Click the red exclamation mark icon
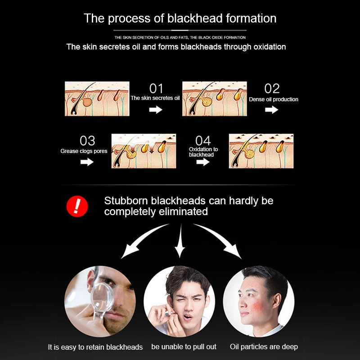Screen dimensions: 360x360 [x=77, y=206]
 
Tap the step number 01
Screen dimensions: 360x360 [x=156, y=89]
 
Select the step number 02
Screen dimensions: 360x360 [x=272, y=89]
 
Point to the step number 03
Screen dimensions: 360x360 [x=87, y=141]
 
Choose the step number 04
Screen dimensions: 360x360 [x=203, y=140]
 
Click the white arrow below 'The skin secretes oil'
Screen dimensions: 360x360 [x=156, y=109]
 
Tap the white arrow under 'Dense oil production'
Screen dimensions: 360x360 [x=272, y=109]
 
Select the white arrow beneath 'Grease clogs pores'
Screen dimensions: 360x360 [x=87, y=162]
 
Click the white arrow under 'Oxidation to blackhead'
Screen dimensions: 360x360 [x=203, y=162]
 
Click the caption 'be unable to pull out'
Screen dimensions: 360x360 [x=184, y=347]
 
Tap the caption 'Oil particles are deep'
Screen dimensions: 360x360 [x=264, y=347]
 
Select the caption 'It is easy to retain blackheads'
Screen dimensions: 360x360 [x=95, y=347]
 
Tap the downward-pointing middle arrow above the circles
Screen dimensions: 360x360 [x=180, y=246]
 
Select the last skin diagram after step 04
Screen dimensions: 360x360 [x=261, y=151]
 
